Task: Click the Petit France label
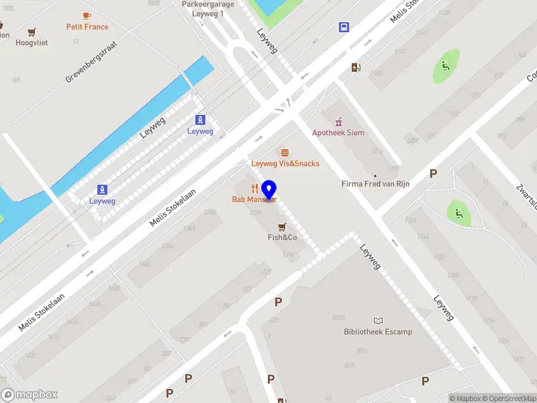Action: coord(87,27)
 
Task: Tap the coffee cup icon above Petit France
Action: coord(87,15)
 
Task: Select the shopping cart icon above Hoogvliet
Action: coord(32,32)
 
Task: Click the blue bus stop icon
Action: coord(344,28)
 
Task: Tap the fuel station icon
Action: coord(355,67)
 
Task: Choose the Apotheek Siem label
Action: coord(338,132)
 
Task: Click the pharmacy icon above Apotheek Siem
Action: coord(338,121)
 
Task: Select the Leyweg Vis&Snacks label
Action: coord(285,163)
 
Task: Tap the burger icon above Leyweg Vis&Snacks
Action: coord(285,152)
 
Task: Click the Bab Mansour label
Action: coord(253,199)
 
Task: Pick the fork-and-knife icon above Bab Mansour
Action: coord(254,188)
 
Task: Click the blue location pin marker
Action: coord(269,190)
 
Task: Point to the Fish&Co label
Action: coord(283,237)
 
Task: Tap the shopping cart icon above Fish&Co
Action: coord(283,226)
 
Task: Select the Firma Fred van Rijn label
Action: coord(375,183)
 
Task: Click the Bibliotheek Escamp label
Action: coord(378,331)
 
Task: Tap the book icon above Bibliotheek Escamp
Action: coord(378,320)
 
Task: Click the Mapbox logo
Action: coord(30,395)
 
